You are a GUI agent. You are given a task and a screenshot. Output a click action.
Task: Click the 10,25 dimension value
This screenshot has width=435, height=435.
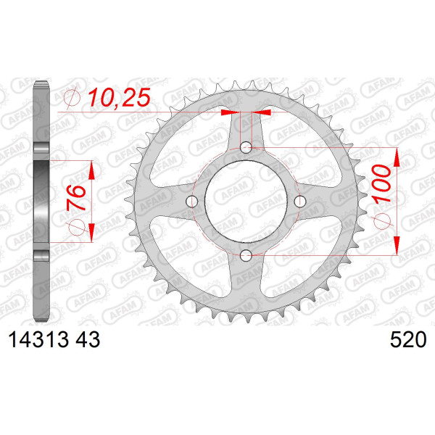[x=120, y=97]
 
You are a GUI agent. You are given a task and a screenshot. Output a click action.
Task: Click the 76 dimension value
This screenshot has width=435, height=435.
[x=75, y=198]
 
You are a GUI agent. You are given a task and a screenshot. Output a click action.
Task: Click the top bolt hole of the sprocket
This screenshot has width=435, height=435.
[x=246, y=147]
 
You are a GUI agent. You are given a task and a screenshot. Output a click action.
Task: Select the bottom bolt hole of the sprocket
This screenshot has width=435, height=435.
[x=246, y=255]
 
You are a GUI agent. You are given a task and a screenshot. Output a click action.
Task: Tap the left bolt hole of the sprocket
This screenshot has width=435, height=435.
[x=191, y=202]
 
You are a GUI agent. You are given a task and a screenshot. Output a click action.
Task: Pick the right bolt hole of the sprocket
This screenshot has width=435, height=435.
[x=300, y=202]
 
